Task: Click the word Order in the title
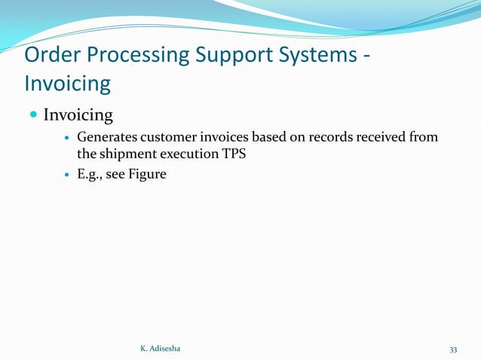point(54,56)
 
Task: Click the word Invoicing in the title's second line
point(68,84)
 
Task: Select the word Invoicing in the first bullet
point(78,115)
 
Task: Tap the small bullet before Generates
point(67,138)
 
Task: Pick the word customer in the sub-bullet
point(165,137)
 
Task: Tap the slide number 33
point(453,349)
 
